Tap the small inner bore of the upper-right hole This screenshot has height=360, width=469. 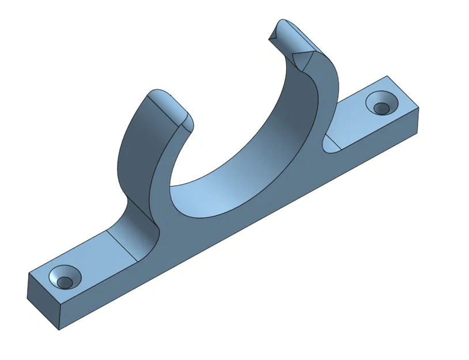click(x=381, y=108)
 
